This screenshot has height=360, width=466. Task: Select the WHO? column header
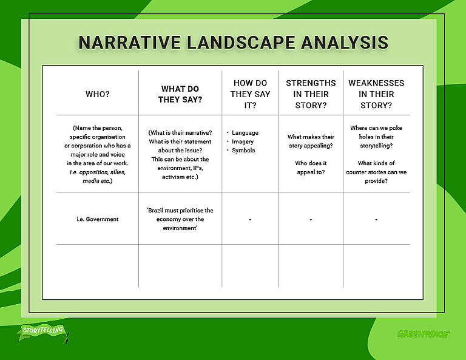[98, 94]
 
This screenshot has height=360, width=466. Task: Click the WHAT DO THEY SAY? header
[180, 94]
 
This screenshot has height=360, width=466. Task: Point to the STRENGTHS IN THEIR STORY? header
[311, 94]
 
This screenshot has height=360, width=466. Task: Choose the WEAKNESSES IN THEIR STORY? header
[376, 94]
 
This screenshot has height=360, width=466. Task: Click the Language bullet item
[245, 132]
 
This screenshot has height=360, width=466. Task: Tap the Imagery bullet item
[243, 141]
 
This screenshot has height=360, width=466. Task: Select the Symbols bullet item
[243, 150]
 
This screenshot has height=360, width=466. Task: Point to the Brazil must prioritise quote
[180, 219]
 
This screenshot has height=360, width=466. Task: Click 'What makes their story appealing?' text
[311, 141]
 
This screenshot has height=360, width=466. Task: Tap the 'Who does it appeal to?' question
[311, 168]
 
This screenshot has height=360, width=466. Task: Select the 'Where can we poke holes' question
[376, 137]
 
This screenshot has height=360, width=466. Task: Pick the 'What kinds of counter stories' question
[376, 172]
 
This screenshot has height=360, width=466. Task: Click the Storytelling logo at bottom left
[43, 332]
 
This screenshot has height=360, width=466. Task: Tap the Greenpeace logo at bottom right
[423, 333]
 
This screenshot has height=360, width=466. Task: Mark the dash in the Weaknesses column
[376, 220]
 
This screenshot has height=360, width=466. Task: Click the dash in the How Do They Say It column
[250, 220]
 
